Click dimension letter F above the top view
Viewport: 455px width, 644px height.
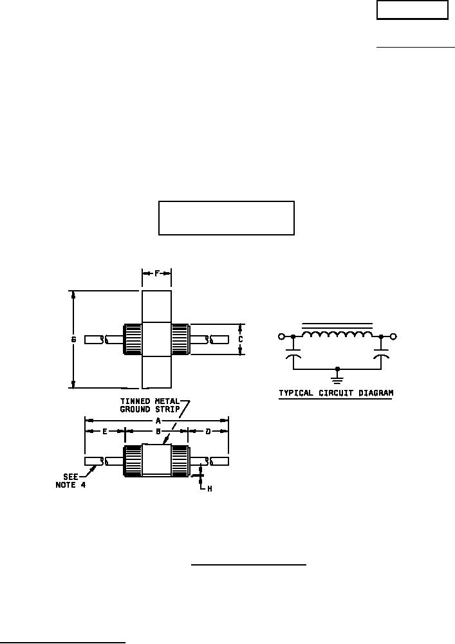coord(157,273)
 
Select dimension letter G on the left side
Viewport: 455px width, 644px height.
coord(74,340)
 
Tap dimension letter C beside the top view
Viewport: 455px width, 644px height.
coord(241,340)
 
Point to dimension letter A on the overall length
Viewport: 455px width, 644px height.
coord(158,421)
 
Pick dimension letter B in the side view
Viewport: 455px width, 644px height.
coord(158,432)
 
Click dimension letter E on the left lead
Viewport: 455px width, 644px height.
coord(105,432)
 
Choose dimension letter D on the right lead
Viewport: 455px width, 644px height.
coord(209,432)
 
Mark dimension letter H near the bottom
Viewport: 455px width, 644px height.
coord(210,489)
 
